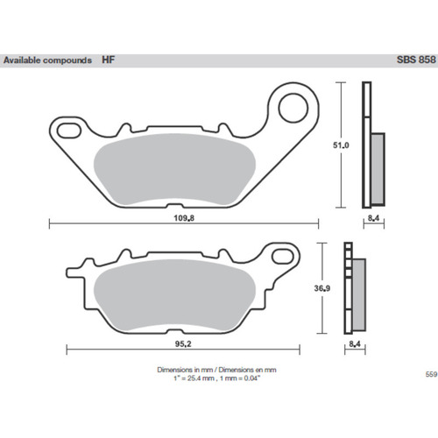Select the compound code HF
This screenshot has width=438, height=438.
[x=106, y=61]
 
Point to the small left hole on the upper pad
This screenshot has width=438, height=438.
[x=64, y=130]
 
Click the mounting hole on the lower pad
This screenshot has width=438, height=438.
[x=281, y=257]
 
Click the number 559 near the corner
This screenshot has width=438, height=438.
[x=431, y=374]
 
